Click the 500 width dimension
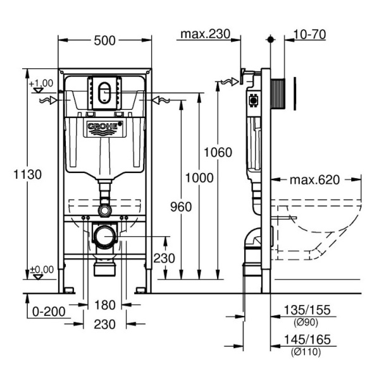pos(104,40)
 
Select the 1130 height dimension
pos(27,174)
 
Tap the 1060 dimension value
pos(218,152)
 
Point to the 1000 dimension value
pos(199,177)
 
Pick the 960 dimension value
pos(181,207)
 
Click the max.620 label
pos(315,180)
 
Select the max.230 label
pos(206,34)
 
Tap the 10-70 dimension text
pos(310,34)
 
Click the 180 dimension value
pos(104,305)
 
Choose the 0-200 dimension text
pos(49,312)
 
